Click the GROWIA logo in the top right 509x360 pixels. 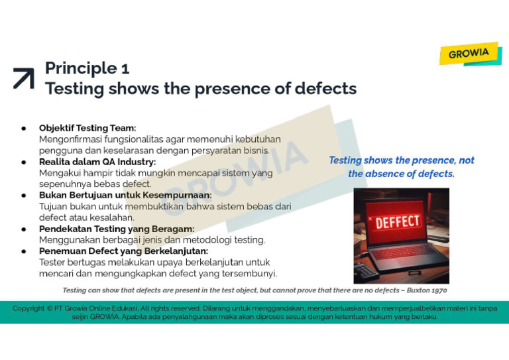(x=469, y=53)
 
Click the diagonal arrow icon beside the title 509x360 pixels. (x=23, y=78)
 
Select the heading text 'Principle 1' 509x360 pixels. (x=87, y=68)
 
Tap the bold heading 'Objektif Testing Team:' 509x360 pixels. (x=87, y=128)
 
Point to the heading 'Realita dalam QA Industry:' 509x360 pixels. (x=97, y=162)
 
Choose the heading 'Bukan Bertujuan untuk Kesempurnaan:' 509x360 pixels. (x=125, y=196)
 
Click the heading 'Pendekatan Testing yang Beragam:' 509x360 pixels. (x=117, y=229)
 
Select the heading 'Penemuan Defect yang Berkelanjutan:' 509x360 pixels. (x=123, y=251)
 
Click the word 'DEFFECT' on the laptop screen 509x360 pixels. (x=398, y=221)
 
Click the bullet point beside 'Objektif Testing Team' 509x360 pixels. (x=24, y=128)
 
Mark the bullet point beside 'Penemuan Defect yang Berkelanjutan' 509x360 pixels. (x=24, y=251)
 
